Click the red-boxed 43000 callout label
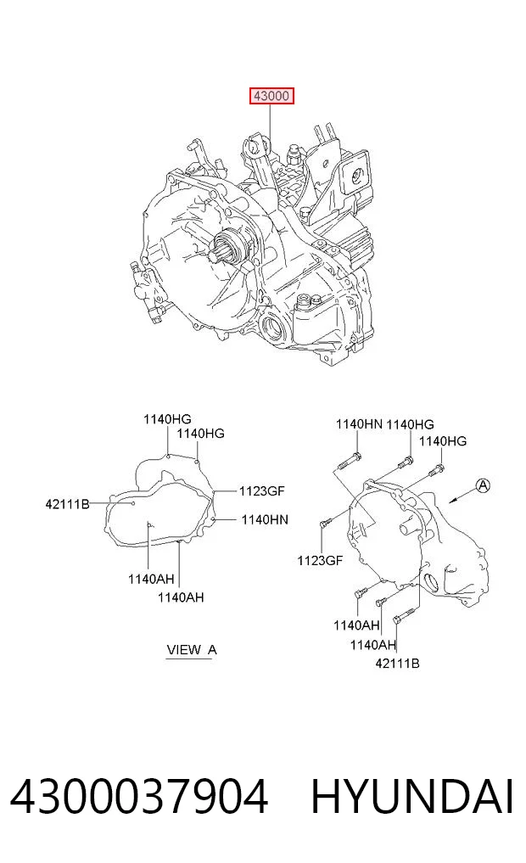click(x=271, y=97)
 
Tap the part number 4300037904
click(x=139, y=797)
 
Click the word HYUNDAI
click(x=412, y=797)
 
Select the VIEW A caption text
click(x=192, y=649)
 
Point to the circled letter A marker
click(x=483, y=485)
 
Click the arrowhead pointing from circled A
click(x=453, y=501)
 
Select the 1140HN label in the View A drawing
click(x=265, y=519)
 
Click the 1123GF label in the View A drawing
click(x=261, y=491)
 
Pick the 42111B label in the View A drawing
click(x=67, y=503)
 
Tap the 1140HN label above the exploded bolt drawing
click(x=359, y=423)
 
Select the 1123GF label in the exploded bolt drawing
click(x=320, y=560)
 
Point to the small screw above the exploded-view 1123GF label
click(x=324, y=523)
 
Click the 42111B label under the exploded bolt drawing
click(x=397, y=664)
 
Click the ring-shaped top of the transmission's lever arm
click(x=255, y=144)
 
